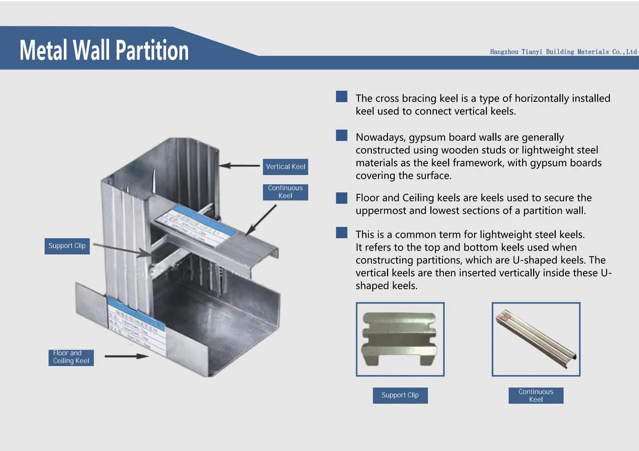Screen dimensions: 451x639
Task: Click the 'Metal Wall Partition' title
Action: (x=104, y=50)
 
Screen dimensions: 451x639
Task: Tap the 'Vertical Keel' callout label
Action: (x=286, y=167)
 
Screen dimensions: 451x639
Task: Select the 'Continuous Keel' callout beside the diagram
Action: (x=285, y=192)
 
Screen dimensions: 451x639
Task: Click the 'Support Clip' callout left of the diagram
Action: (x=67, y=246)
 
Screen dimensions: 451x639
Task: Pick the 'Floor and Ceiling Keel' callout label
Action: (x=71, y=357)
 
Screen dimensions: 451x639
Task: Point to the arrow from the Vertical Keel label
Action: (x=239, y=165)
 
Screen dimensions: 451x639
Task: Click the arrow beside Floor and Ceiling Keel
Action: (x=126, y=356)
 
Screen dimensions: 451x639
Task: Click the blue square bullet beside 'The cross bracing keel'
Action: (x=342, y=97)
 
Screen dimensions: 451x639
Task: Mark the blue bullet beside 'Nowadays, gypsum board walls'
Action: (x=342, y=136)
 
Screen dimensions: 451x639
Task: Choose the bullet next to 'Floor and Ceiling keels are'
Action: (x=342, y=197)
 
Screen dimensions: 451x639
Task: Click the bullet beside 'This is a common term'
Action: (x=342, y=232)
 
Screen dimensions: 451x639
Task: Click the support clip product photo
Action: (x=400, y=339)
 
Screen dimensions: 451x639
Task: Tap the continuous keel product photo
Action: (x=536, y=339)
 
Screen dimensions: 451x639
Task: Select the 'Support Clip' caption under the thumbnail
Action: (x=400, y=395)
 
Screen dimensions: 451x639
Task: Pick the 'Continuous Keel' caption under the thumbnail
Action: (x=536, y=395)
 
